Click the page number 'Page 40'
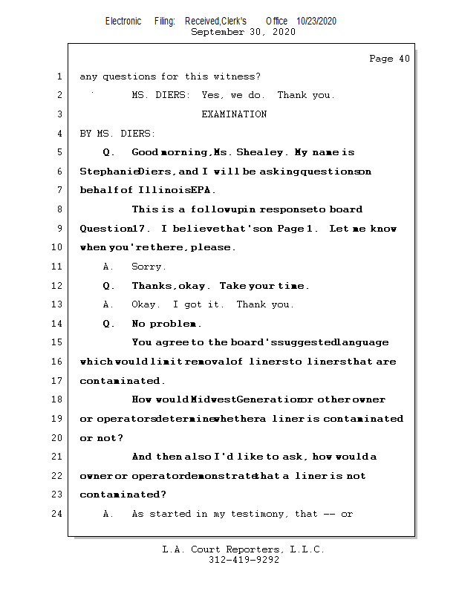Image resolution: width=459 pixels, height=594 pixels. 389,59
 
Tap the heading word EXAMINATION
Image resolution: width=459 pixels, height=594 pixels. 234,114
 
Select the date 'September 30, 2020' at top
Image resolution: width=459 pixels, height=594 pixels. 243,32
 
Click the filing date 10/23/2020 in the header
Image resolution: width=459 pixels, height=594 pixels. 316,22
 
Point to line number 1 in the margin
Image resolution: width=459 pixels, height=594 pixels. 59,76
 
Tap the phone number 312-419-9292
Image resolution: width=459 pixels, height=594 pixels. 244,560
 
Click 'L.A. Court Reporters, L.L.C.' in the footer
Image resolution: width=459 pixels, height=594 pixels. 243,549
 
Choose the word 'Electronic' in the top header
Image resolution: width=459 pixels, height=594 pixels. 123,22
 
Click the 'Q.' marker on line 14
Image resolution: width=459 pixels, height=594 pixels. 108,324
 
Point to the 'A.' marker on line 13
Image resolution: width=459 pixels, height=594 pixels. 108,304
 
